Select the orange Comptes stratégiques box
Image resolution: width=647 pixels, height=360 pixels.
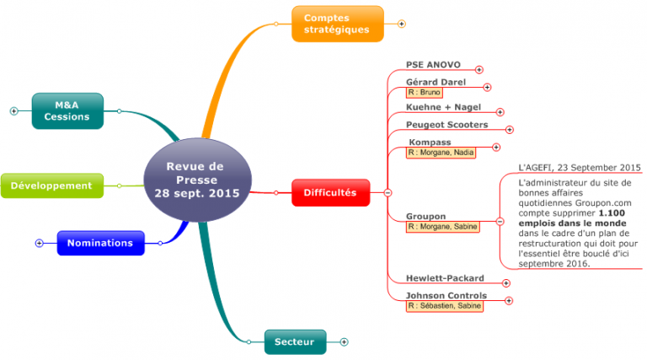pos(337,24)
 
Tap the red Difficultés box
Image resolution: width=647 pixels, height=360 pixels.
pos(329,193)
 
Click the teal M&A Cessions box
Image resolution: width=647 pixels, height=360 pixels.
pos(67,110)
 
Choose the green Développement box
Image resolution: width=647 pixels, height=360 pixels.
pos(51,185)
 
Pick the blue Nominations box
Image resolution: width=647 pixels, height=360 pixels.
pos(99,243)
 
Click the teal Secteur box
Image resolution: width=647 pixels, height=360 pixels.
pos(294,341)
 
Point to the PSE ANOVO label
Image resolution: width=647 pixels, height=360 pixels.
pos(433,64)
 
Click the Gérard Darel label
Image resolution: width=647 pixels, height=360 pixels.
pos(436,82)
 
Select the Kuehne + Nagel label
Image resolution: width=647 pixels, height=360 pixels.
pos(443,108)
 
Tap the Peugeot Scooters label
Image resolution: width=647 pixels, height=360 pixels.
pos(448,125)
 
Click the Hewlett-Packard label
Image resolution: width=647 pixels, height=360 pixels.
pos(445,278)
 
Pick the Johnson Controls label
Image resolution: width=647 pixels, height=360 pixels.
pos(446,295)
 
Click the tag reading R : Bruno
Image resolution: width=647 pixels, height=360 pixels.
pos(424,92)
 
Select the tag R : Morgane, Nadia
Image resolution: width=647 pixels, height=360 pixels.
pos(441,153)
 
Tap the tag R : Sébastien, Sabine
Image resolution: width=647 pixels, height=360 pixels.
pos(445,306)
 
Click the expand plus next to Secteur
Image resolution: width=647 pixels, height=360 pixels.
pos(344,341)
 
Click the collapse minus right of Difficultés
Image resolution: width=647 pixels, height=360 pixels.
pos(388,193)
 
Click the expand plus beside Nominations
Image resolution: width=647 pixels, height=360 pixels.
pos(39,243)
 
